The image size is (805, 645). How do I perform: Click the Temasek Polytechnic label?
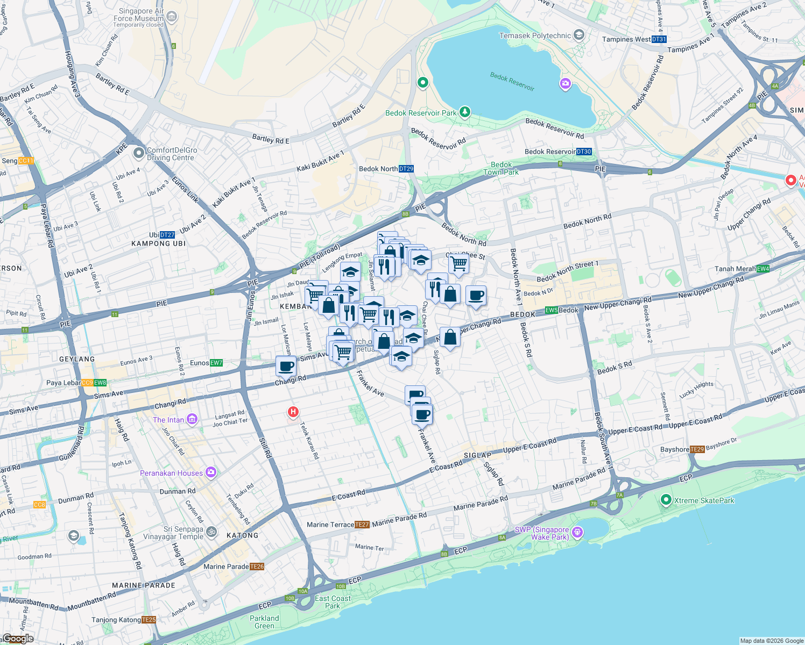[x=535, y=36]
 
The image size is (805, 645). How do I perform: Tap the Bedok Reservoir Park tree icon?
[x=465, y=112]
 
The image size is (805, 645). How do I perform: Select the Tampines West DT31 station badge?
[x=659, y=39]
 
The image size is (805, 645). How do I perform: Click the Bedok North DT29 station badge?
[x=406, y=169]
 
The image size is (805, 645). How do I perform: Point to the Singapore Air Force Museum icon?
[x=172, y=17]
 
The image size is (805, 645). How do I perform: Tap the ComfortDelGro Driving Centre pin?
[x=138, y=154]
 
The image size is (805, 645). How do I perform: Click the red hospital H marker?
[x=293, y=412]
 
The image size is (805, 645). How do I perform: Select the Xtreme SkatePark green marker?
[x=666, y=500]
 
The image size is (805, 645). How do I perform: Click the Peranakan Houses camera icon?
[x=211, y=472]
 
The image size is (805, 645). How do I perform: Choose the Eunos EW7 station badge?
[x=216, y=363]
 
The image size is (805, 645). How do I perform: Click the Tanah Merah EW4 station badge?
[x=762, y=269]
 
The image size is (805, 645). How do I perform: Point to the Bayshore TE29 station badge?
[x=697, y=449]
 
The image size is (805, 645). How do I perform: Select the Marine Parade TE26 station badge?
[x=257, y=567]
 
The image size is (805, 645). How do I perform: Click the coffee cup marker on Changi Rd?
[x=286, y=367]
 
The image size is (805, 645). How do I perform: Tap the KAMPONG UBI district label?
[x=158, y=243]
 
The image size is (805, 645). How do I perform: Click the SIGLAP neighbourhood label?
[x=478, y=455]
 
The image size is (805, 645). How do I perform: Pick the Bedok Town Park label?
[x=501, y=168]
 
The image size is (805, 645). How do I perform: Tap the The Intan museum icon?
[x=192, y=419]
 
